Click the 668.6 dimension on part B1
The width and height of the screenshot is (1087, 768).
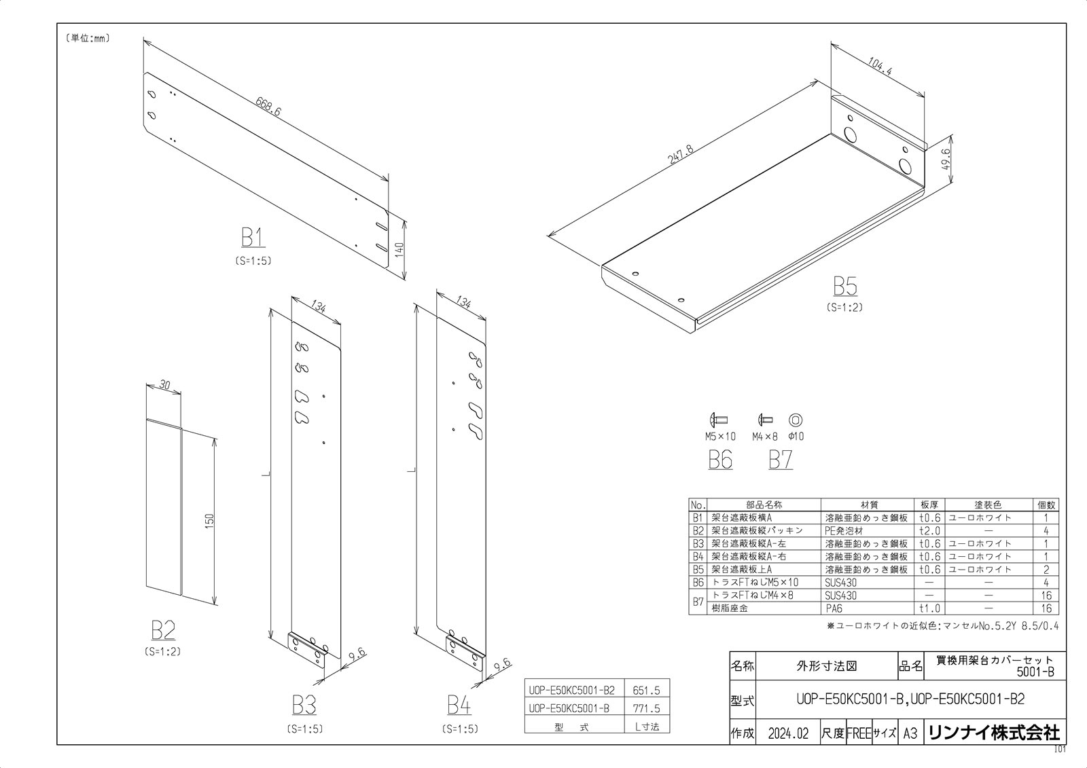[x=268, y=107]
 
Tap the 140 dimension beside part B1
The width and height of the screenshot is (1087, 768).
[x=399, y=250]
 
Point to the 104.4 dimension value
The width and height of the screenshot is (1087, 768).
[x=880, y=67]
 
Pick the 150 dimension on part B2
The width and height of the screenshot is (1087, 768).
[x=210, y=521]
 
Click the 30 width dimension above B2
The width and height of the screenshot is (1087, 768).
[x=164, y=385]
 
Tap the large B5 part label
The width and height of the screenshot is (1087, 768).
[x=845, y=286]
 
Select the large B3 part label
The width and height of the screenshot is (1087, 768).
[x=304, y=705]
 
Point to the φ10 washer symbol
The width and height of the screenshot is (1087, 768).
[x=796, y=420]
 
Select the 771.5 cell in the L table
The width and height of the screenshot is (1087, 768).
[x=646, y=708]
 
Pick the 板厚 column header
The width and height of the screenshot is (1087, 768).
[x=929, y=505]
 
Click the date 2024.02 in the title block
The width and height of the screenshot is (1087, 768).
[x=789, y=734]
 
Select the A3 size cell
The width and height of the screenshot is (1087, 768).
[x=910, y=734]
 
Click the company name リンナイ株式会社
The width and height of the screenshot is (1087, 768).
[x=994, y=733]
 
